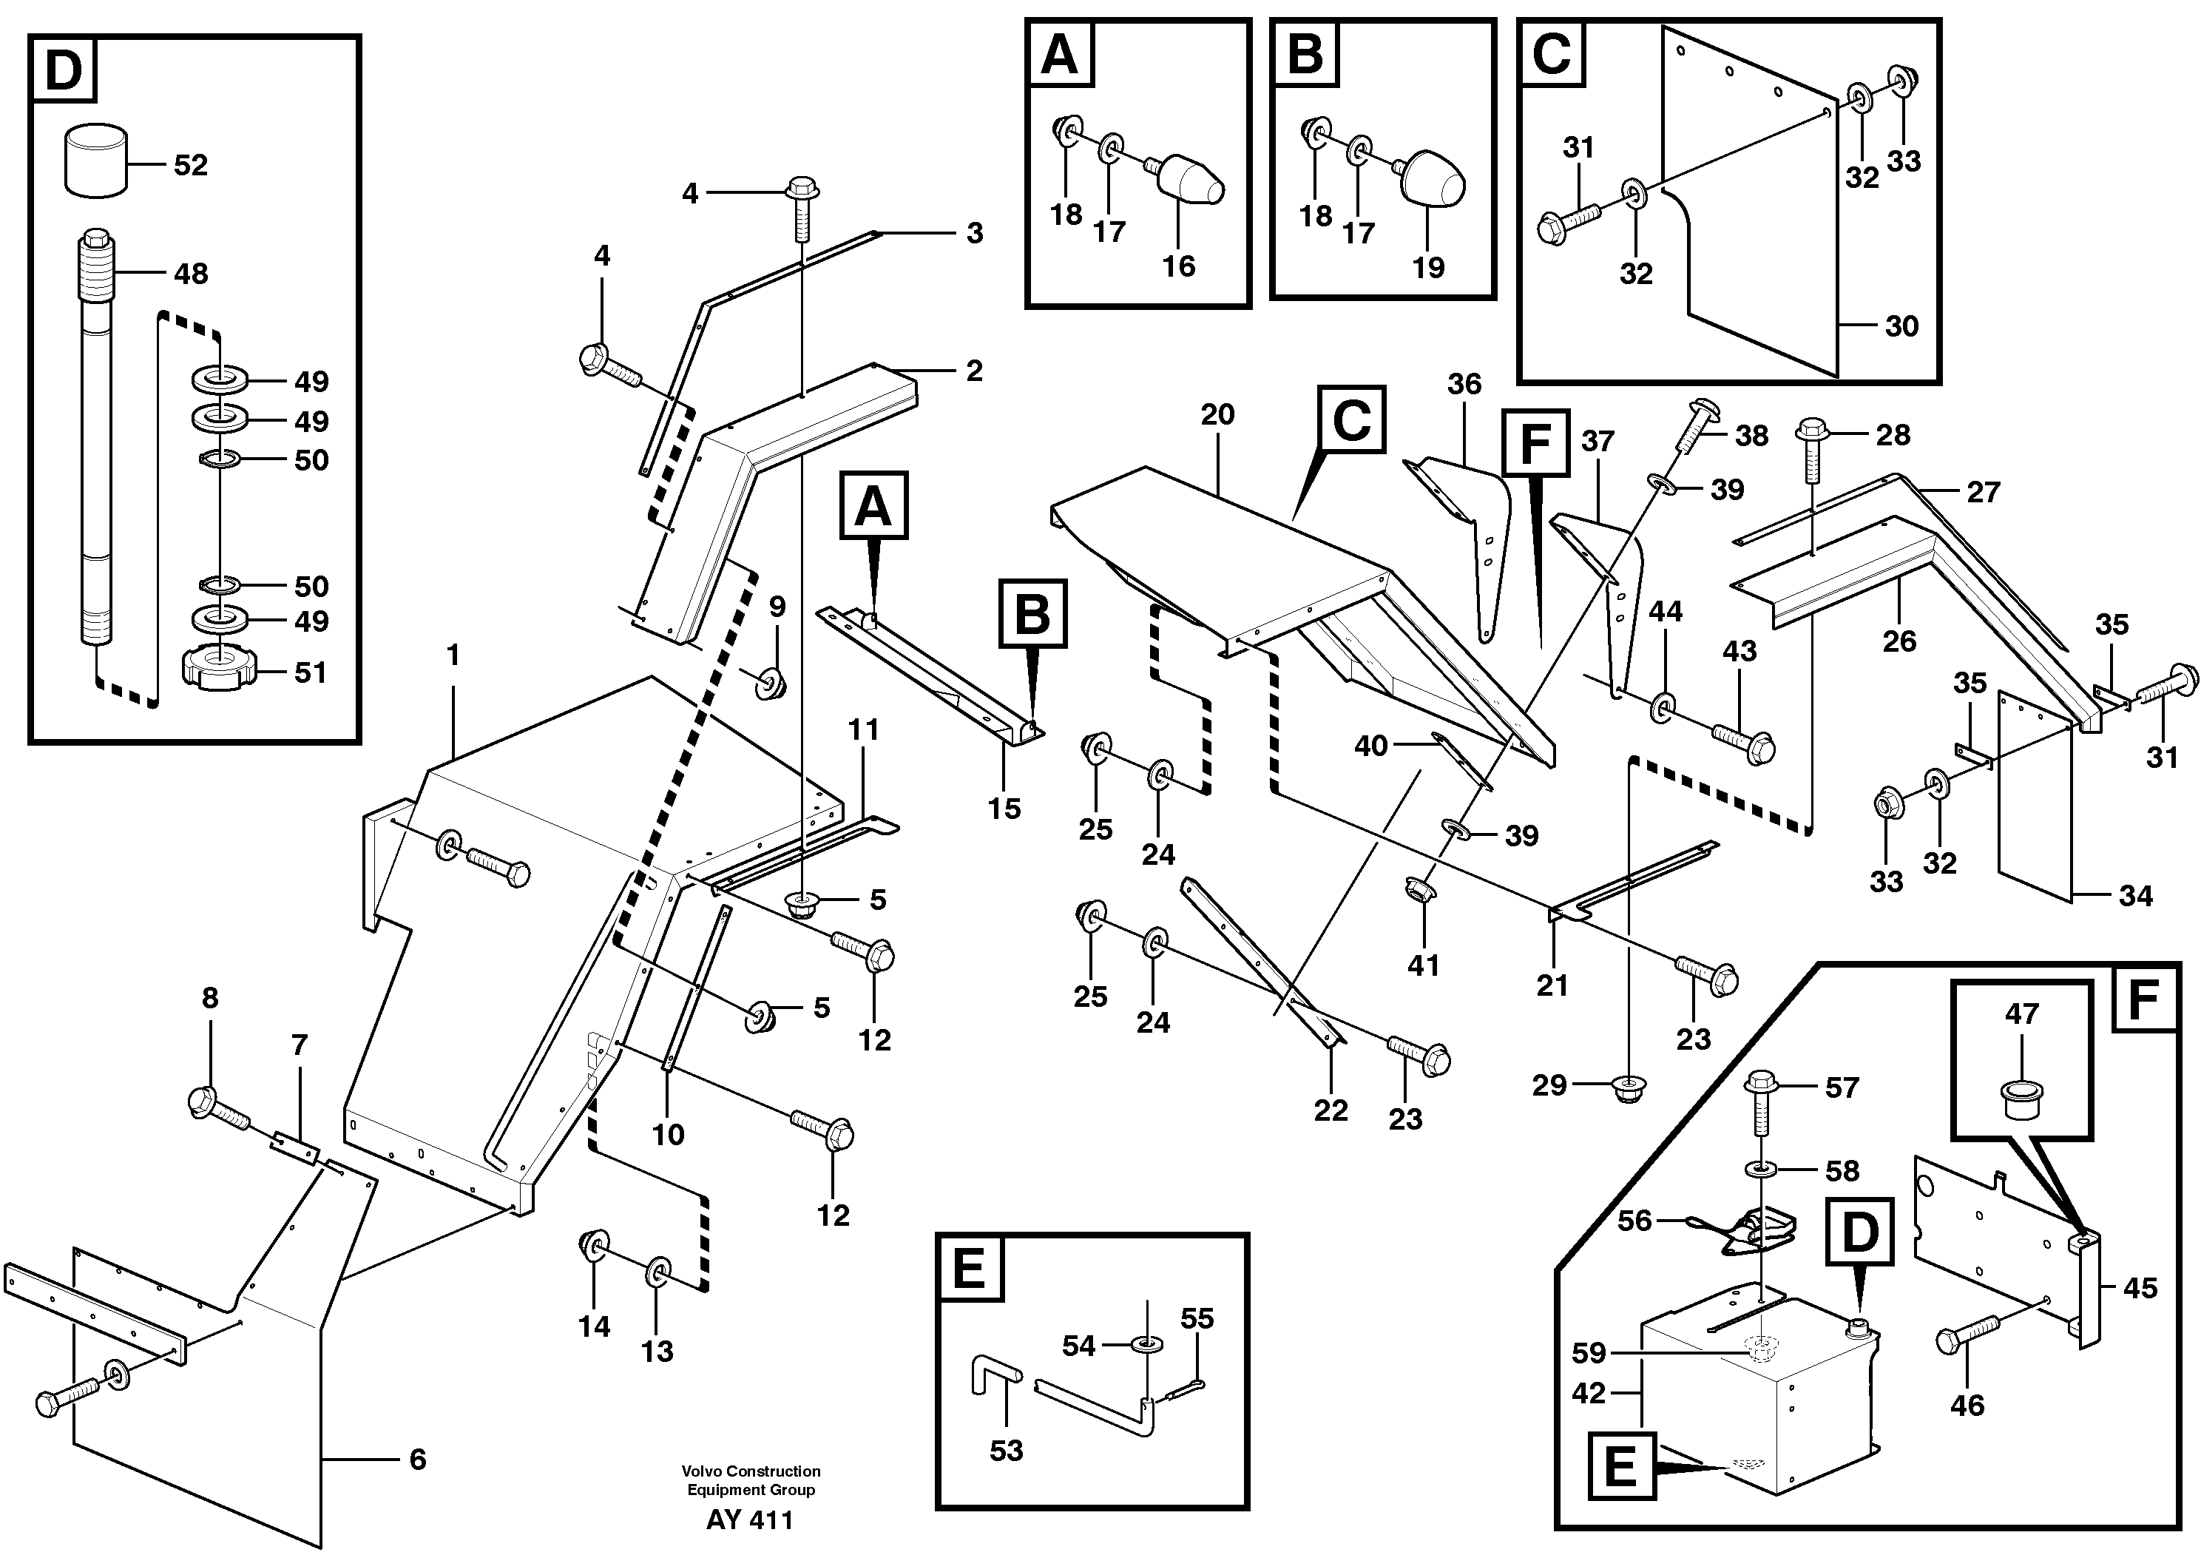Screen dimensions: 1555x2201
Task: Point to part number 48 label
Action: coord(191,274)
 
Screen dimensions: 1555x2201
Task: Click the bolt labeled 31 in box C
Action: coord(1569,221)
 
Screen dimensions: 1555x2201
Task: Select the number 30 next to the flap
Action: coord(1902,327)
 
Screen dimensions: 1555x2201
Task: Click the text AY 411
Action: coord(750,1520)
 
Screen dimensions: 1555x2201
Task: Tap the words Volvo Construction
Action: coord(751,1471)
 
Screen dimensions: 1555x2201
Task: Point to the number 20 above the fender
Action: coord(1217,415)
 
